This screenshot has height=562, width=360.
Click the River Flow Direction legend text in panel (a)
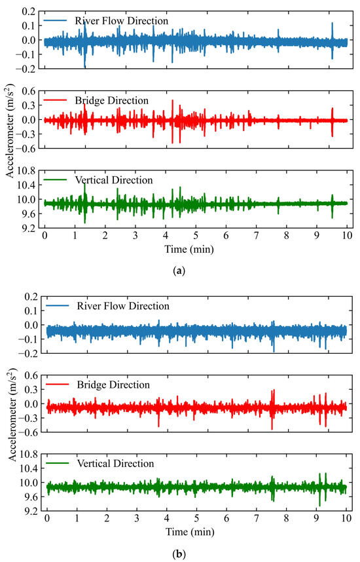(122, 21)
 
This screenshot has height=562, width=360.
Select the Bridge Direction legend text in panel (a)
(112, 100)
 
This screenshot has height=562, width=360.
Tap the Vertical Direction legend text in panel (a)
(115, 179)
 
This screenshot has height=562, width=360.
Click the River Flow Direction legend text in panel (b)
(123, 306)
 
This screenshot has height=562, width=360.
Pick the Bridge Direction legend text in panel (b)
(113, 384)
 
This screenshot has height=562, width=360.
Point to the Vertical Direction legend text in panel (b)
(115, 464)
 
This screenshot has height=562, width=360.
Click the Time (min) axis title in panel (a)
(195, 249)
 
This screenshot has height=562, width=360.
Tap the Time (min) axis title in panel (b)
(195, 534)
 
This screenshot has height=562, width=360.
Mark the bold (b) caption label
(180, 554)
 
